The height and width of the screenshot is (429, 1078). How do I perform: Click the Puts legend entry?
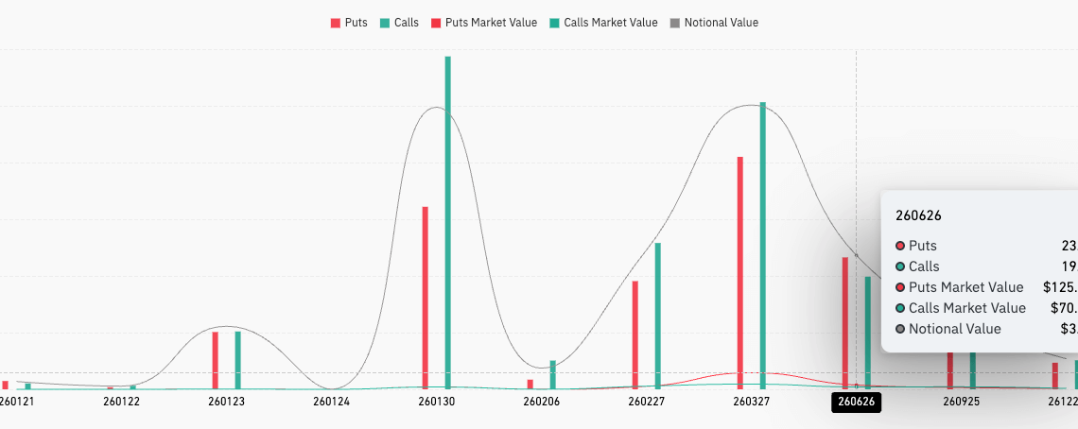pyautogui.click(x=349, y=23)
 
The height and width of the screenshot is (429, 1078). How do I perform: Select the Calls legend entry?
pyautogui.click(x=400, y=23)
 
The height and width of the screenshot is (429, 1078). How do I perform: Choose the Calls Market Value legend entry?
pyautogui.click(x=602, y=23)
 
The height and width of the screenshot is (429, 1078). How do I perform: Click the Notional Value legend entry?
pyautogui.click(x=714, y=23)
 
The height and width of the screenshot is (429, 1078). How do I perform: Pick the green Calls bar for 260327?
pyautogui.click(x=762, y=246)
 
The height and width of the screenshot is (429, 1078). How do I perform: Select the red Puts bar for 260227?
pyautogui.click(x=635, y=335)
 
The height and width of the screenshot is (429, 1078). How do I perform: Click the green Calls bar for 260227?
pyautogui.click(x=657, y=316)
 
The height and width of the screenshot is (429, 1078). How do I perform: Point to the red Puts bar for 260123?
pyautogui.click(x=216, y=360)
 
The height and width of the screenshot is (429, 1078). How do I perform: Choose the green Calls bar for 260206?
pyautogui.click(x=552, y=374)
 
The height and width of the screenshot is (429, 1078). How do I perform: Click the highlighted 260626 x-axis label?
pyautogui.click(x=856, y=402)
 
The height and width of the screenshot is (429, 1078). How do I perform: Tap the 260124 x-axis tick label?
pyautogui.click(x=331, y=402)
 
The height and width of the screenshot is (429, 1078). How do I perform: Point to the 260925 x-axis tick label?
pyautogui.click(x=961, y=402)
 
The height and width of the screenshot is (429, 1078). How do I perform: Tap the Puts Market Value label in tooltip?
pyautogui.click(x=965, y=287)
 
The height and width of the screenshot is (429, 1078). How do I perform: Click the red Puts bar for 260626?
pyautogui.click(x=845, y=322)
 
